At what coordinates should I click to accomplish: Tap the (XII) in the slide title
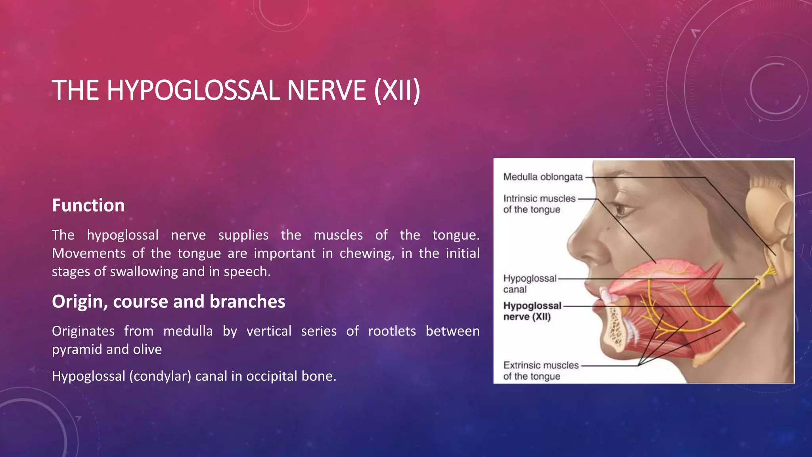(x=396, y=90)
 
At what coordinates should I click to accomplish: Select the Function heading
(x=88, y=205)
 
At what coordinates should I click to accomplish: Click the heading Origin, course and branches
(x=169, y=301)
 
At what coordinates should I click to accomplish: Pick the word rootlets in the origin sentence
(x=392, y=331)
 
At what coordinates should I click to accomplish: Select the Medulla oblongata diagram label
(x=543, y=177)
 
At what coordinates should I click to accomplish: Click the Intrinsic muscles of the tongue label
(x=539, y=204)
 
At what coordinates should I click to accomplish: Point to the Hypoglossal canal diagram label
(x=529, y=284)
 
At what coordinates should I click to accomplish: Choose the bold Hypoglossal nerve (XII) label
(x=532, y=311)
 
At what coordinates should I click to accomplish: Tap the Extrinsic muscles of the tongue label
(x=540, y=371)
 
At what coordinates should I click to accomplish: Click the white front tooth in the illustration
(x=605, y=296)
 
